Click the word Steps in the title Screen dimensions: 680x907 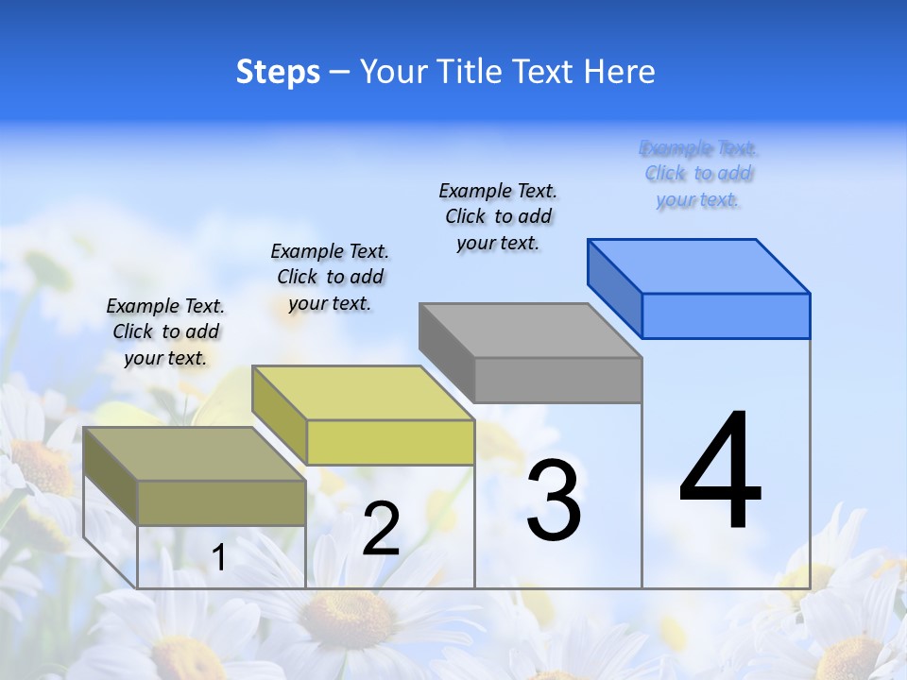[x=278, y=72]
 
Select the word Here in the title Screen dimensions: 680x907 [x=619, y=72]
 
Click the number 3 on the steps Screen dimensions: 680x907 [x=554, y=501]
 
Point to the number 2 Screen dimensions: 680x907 [x=381, y=529]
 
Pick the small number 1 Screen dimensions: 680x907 [x=219, y=558]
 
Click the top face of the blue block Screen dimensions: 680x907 [x=699, y=265]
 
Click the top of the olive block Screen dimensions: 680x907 [x=195, y=454]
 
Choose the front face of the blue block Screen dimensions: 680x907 [x=726, y=315]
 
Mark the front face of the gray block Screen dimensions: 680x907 [x=557, y=380]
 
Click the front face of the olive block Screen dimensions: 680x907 [x=221, y=502]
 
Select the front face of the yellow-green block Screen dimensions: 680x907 [x=390, y=442]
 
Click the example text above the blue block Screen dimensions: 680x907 [x=698, y=174]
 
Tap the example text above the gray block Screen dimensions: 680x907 [x=498, y=216]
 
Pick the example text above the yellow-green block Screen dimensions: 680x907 [x=330, y=277]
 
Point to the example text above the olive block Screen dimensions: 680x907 [x=165, y=331]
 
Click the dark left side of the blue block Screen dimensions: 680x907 [x=614, y=288]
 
